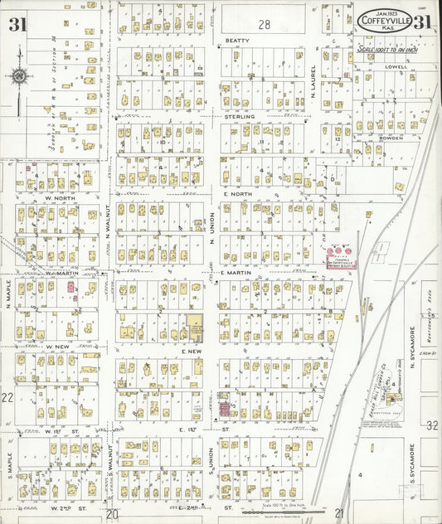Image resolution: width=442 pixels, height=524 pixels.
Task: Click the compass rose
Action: coord(19,77)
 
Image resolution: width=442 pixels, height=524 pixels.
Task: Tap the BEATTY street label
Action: coord(237,40)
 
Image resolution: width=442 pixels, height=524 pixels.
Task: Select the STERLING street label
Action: coord(238,117)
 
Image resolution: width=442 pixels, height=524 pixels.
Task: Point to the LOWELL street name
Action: coord(396,66)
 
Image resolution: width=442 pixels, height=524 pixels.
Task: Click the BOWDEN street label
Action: coord(390,138)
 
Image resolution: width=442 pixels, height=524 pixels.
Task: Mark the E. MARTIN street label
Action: coord(236,272)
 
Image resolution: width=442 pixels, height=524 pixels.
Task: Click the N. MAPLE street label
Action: coord(8,294)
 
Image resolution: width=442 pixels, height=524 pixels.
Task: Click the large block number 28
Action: coord(264,25)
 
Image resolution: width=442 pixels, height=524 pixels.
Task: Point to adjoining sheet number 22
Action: coord(7,398)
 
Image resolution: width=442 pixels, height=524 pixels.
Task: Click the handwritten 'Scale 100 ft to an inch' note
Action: coord(388,49)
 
